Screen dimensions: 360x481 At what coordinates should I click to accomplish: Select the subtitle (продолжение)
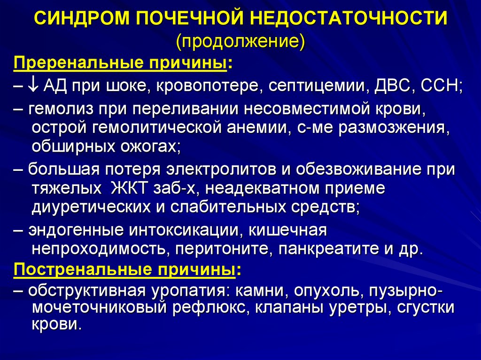coord(240,42)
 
